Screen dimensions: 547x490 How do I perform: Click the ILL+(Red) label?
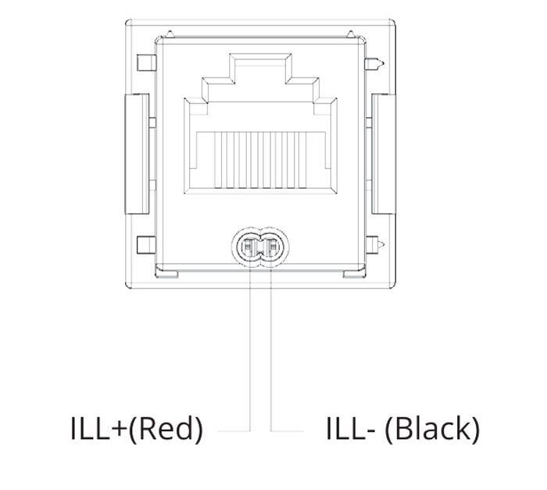[x=137, y=429]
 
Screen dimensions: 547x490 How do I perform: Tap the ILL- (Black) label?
[x=403, y=429]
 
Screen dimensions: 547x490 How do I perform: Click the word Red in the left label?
[x=166, y=428]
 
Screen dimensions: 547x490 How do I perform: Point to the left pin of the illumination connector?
[x=248, y=247]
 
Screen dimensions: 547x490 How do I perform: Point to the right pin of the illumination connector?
[x=272, y=247]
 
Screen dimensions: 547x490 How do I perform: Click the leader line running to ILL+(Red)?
[x=250, y=350]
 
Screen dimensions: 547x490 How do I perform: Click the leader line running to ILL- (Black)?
[x=272, y=350]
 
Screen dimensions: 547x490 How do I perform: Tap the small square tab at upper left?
[x=146, y=63]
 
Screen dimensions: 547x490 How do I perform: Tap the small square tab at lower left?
[x=146, y=245]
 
